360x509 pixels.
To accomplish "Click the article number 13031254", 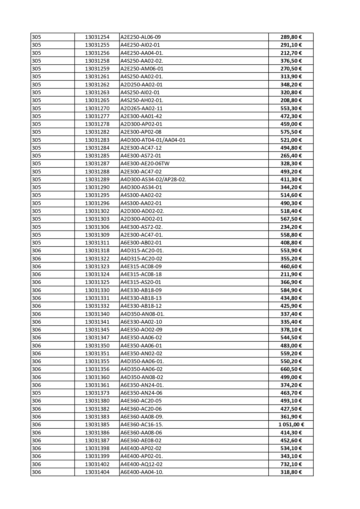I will pyautogui.click(x=97, y=37).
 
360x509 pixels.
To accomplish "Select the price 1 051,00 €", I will pyautogui.click(x=291, y=425).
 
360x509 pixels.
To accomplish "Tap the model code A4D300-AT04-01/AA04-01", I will pyautogui.click(x=153, y=140).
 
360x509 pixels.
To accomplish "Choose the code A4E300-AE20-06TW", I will pyautogui.click(x=145, y=164).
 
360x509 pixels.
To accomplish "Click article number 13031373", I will pyautogui.click(x=97, y=393).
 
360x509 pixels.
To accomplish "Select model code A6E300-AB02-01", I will pyautogui.click(x=141, y=243).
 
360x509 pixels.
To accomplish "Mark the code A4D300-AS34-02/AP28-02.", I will pyautogui.click(x=153, y=180).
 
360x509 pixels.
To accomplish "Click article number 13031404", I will pyautogui.click(x=97, y=472).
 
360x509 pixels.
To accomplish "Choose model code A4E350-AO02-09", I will pyautogui.click(x=141, y=330).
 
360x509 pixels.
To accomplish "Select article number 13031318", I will pyautogui.click(x=97, y=251).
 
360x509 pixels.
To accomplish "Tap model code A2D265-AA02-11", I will pyautogui.click(x=141, y=108).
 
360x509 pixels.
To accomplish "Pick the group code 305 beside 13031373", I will pyautogui.click(x=37, y=393).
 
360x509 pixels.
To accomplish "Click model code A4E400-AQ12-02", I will pyautogui.click(x=141, y=464).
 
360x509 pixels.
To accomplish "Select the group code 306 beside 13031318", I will pyautogui.click(x=37, y=251).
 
